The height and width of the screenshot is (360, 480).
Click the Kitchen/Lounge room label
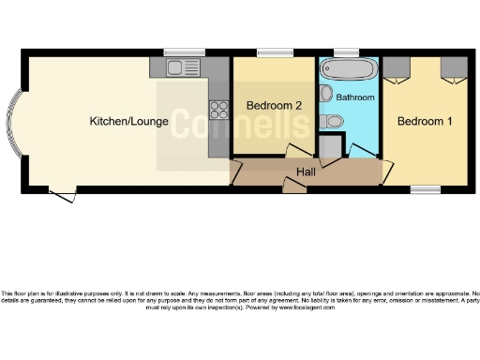coord(129,121)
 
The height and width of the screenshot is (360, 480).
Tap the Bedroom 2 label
coord(274,106)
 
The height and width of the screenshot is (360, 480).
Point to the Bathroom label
coord(355,97)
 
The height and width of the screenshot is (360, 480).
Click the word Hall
coord(306,172)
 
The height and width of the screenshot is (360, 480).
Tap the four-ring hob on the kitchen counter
coord(219,110)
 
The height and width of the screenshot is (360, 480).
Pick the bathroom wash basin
coord(325,93)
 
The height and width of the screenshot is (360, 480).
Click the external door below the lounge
coord(62,195)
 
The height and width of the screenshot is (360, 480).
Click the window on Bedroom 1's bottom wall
coord(425,189)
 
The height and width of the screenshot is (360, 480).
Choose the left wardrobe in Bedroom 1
coord(397,67)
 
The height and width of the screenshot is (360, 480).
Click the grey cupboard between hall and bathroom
coord(329,147)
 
